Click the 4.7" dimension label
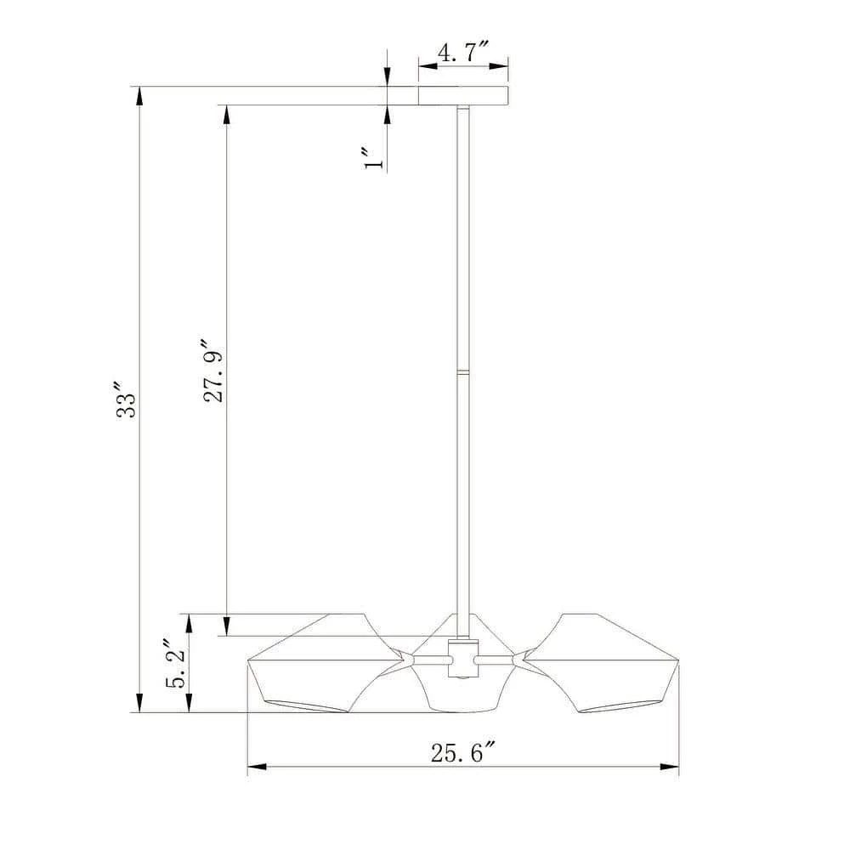463,53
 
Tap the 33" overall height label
127,399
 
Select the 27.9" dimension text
213,371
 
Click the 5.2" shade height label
175,664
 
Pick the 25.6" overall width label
463,752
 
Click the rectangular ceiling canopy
463,95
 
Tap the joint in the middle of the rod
463,371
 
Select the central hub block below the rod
463,658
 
